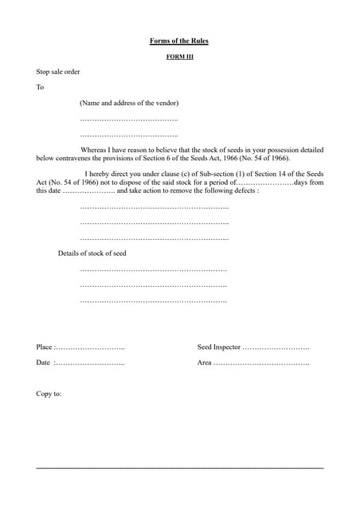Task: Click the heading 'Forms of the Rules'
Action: tap(179, 41)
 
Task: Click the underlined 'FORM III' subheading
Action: tap(179, 57)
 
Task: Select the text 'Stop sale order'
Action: tap(58, 72)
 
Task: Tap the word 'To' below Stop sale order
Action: tap(40, 87)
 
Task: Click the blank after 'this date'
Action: tap(88, 191)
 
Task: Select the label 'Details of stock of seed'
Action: tap(92, 253)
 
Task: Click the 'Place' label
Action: tap(44, 347)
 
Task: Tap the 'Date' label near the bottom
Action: tap(43, 363)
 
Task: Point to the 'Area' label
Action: tap(205, 363)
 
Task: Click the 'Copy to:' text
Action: tap(49, 394)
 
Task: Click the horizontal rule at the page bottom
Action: tap(180, 468)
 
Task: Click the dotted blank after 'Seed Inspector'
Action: tap(276, 348)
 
